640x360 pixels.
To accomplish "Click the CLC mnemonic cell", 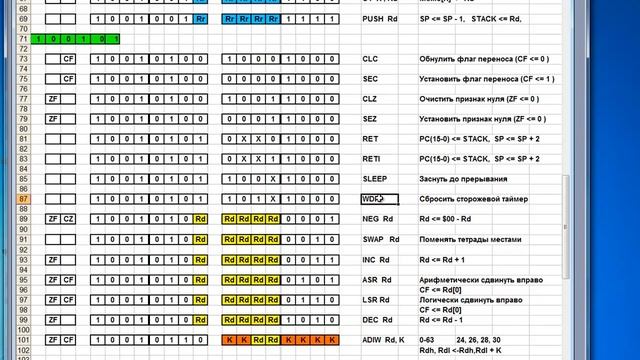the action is pyautogui.click(x=370, y=59).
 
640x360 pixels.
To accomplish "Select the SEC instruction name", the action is pyautogui.click(x=370, y=79).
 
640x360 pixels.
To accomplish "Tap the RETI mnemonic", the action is pyautogui.click(x=372, y=159).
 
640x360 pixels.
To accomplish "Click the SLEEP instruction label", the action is pyautogui.click(x=375, y=179).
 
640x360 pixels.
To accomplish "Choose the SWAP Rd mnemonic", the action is pyautogui.click(x=381, y=239).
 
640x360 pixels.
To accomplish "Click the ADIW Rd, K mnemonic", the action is pyautogui.click(x=384, y=340).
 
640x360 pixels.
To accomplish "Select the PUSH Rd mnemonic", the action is pyautogui.click(x=379, y=19).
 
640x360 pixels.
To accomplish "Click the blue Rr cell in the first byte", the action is pyautogui.click(x=201, y=19).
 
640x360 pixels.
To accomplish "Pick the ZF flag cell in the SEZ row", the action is pyautogui.click(x=53, y=119).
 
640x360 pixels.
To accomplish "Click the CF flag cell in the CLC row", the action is pyautogui.click(x=69, y=59).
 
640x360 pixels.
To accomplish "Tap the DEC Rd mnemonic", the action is pyautogui.click(x=377, y=319).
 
